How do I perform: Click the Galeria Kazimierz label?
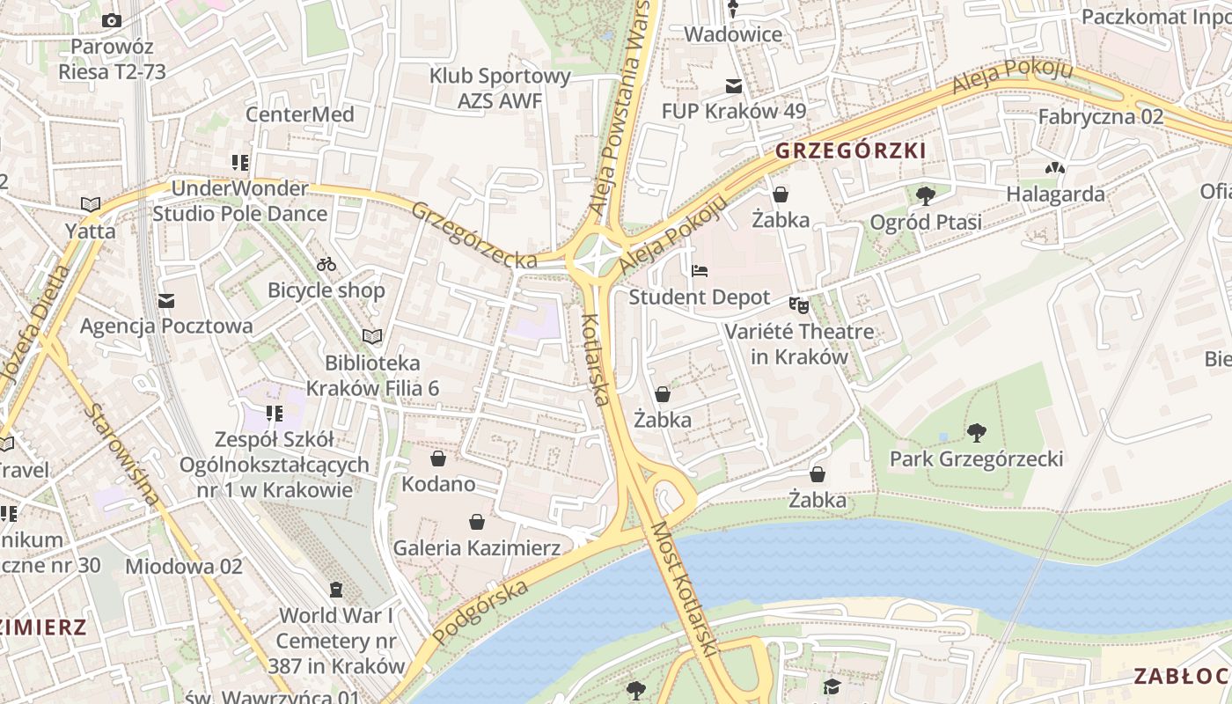pyautogui.click(x=476, y=548)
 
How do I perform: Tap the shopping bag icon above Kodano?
pyautogui.click(x=437, y=458)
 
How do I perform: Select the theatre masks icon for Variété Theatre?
pyautogui.click(x=798, y=304)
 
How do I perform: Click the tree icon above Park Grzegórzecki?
pyautogui.click(x=975, y=432)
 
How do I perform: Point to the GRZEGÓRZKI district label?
pyautogui.click(x=850, y=151)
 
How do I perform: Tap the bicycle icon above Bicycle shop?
pyautogui.click(x=326, y=263)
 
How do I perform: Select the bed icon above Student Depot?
pyautogui.click(x=700, y=271)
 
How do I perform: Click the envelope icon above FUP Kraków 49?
pyautogui.click(x=733, y=86)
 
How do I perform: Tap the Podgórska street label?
pyautogui.click(x=481, y=612)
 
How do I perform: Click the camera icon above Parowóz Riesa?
pyautogui.click(x=112, y=20)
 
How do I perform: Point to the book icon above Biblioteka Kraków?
pyautogui.click(x=372, y=336)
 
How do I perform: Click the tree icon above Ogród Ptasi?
pyautogui.click(x=925, y=195)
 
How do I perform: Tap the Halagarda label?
pyautogui.click(x=1055, y=194)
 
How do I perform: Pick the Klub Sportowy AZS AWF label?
pyautogui.click(x=500, y=88)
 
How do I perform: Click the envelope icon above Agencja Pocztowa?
pyautogui.click(x=166, y=301)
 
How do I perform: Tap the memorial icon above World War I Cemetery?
pyautogui.click(x=335, y=589)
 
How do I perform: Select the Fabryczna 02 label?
pyautogui.click(x=1100, y=116)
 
